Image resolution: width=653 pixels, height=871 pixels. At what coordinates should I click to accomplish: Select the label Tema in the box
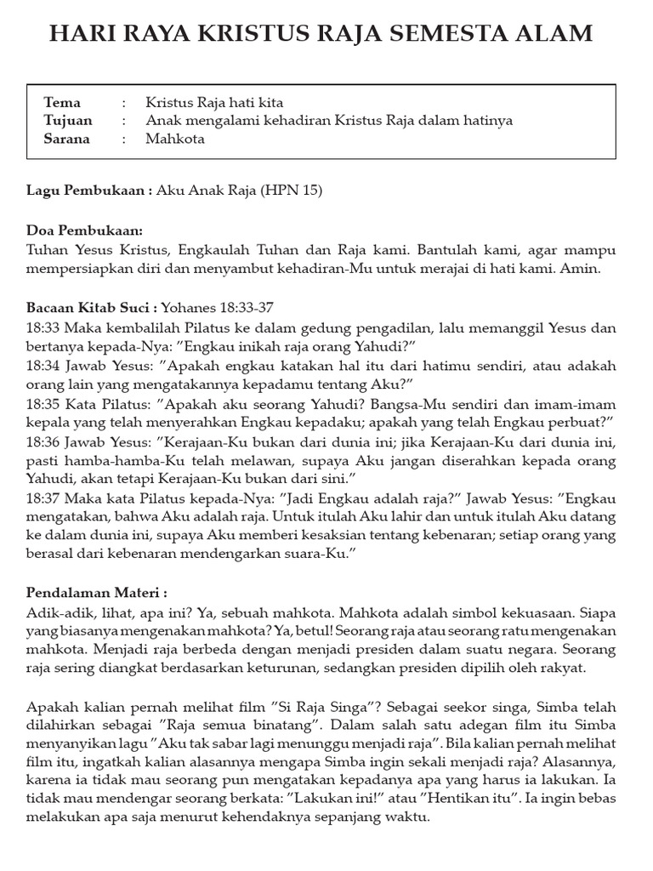(62, 103)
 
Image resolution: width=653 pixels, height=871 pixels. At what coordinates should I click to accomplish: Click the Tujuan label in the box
(68, 121)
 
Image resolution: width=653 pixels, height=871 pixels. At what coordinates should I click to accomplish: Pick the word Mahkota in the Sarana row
(175, 139)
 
